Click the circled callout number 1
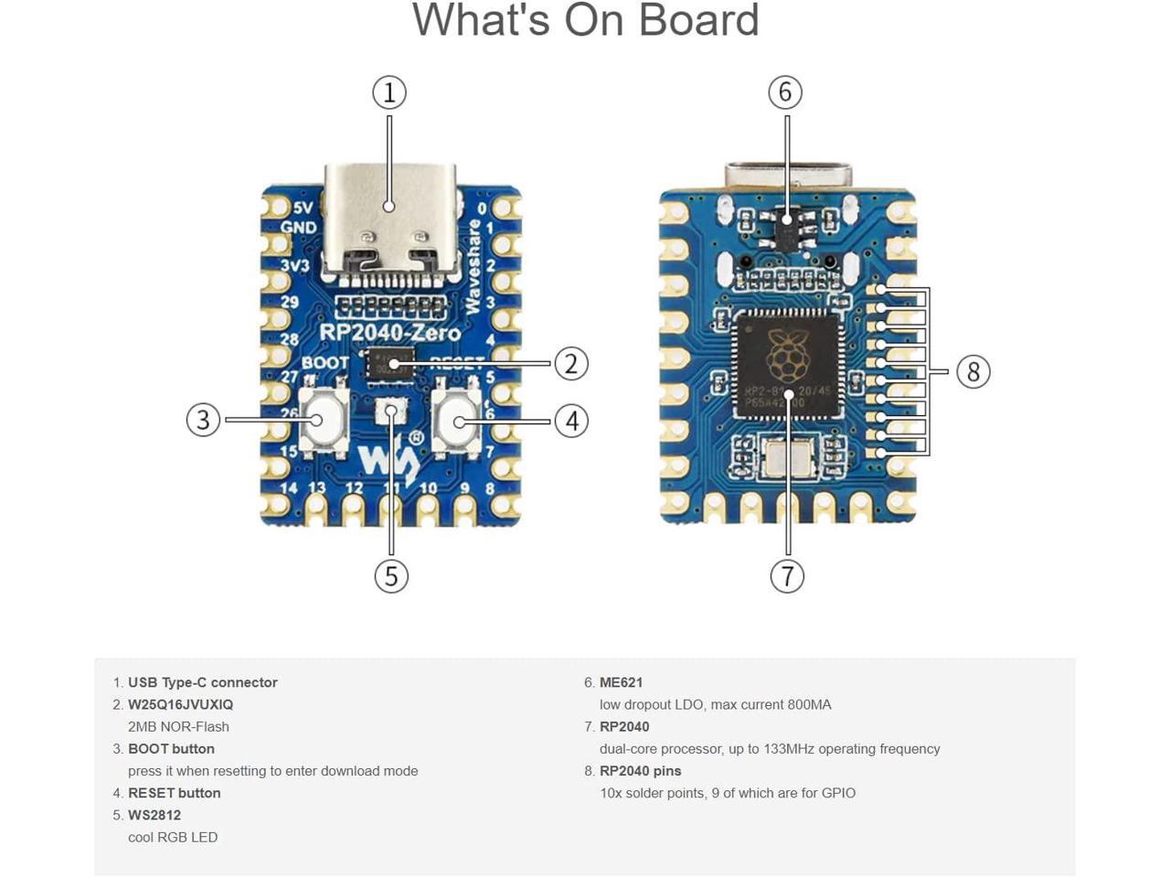point(389,92)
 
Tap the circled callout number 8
point(973,372)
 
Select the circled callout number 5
point(391,576)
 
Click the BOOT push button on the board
point(323,420)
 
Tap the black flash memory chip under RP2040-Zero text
point(391,363)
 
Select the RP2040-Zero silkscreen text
point(389,332)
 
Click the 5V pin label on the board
point(303,208)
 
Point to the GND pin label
point(298,228)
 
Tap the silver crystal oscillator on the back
point(787,457)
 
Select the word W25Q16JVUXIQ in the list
point(180,704)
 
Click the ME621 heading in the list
point(621,682)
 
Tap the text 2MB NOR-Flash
point(178,726)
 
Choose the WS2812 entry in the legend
point(154,815)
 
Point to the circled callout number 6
point(785,92)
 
